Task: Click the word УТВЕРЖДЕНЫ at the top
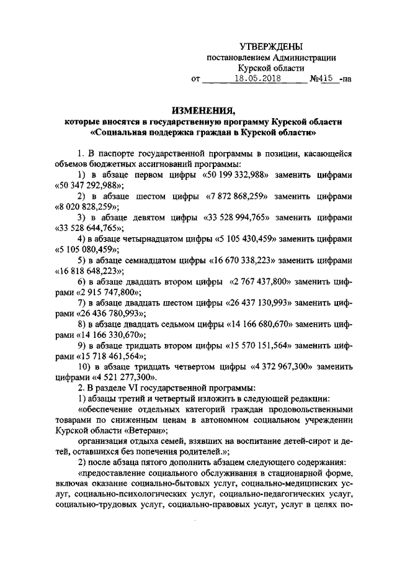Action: tap(272, 47)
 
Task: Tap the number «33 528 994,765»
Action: tap(239, 218)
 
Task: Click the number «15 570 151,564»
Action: tap(253, 345)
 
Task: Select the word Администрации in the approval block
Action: tap(306, 57)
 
